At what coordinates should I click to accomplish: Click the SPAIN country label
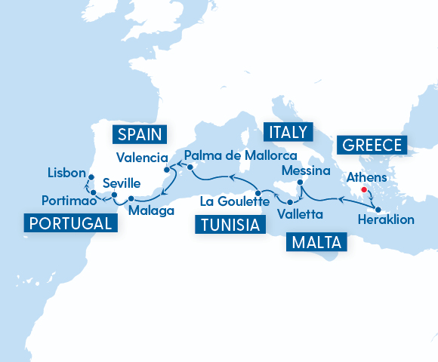point(140,135)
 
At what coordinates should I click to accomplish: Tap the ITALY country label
point(286,133)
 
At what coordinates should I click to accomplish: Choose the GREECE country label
point(373,145)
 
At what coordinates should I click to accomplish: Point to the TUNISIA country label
point(228,225)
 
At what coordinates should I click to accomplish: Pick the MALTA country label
point(316,242)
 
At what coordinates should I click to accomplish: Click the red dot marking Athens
point(364,190)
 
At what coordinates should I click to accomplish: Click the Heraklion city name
point(383,222)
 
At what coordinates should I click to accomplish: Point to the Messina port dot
point(300,183)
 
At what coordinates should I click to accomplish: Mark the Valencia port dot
point(166,159)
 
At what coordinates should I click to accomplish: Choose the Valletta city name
point(301,214)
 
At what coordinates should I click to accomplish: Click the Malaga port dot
point(131,199)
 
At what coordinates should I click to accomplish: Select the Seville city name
point(120,183)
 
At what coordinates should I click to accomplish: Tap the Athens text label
point(366,178)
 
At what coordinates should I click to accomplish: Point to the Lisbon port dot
point(90,177)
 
